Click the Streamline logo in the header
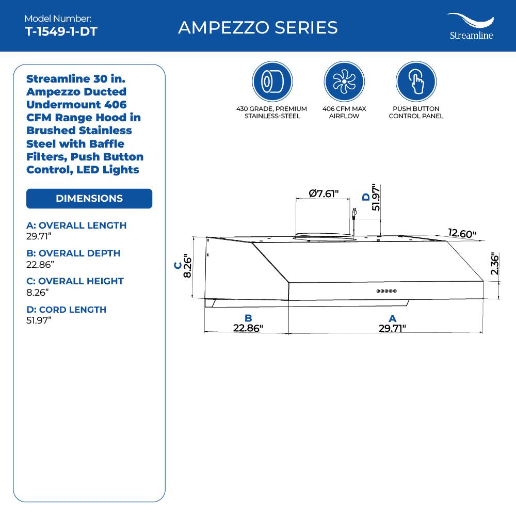point(470,26)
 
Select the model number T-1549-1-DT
point(61,31)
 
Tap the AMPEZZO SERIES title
point(258,27)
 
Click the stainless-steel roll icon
point(272,82)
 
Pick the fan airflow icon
point(344,82)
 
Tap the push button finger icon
point(415,82)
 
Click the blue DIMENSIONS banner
point(89,199)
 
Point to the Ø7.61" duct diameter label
point(324,194)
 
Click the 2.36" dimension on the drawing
point(495,264)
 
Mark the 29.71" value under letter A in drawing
point(392,328)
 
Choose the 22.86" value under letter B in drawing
point(248,328)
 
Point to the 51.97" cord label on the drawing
point(376,197)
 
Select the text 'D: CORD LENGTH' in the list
point(66,310)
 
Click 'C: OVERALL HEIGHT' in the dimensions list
point(75,281)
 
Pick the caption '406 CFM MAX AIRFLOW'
point(344,112)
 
